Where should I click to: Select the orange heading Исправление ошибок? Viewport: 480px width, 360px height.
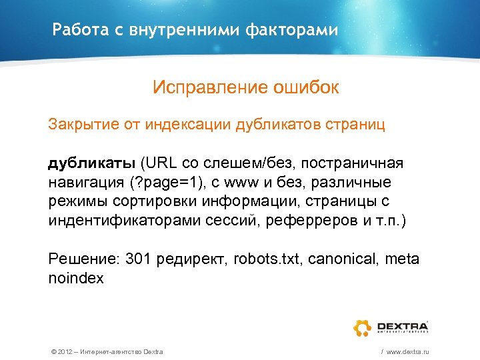click(245, 87)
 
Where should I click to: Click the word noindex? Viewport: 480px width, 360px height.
click(76, 279)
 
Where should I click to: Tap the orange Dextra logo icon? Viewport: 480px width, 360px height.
click(363, 327)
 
